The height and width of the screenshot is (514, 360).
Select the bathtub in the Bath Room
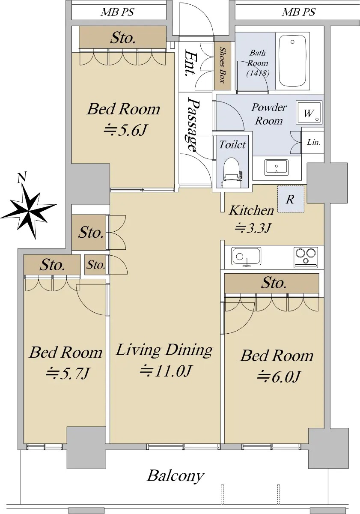coord(292,61)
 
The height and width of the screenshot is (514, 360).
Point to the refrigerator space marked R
coord(291,199)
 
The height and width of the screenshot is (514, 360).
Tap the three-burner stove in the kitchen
coord(306,257)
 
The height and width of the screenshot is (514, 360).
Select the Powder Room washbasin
coord(276,167)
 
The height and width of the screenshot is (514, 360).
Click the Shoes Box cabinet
coord(222,66)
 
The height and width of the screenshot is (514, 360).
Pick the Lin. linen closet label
coord(313,142)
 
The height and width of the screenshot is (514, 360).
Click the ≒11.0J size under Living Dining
coord(165,371)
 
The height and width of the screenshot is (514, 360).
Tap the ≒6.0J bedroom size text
coord(278,377)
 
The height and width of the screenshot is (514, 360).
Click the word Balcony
coord(176,476)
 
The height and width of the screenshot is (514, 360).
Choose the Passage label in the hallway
coord(193,124)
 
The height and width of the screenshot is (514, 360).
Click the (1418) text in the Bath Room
coord(258,73)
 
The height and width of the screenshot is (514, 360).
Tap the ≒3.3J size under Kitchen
coord(253,228)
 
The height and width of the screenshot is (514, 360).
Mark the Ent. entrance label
coord(190,63)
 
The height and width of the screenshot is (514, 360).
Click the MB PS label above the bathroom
coord(298,12)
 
